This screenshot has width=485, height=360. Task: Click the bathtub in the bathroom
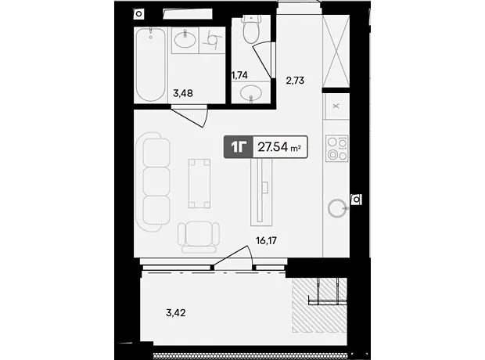pyautogui.click(x=150, y=64)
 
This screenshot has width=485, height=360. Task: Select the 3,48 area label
pyautogui.click(x=183, y=93)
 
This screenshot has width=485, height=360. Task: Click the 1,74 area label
pyautogui.click(x=239, y=75)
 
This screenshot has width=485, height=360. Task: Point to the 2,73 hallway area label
pyautogui.click(x=295, y=81)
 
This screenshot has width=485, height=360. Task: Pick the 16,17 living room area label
pyautogui.click(x=266, y=240)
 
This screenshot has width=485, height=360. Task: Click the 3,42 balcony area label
pyautogui.click(x=176, y=313)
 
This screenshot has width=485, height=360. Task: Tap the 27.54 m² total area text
pyautogui.click(x=279, y=147)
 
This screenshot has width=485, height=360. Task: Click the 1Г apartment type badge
pyautogui.click(x=239, y=147)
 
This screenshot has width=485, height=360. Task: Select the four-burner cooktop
pyautogui.click(x=337, y=148)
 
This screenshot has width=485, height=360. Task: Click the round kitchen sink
pyautogui.click(x=337, y=208)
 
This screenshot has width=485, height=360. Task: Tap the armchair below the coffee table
pyautogui.click(x=199, y=237)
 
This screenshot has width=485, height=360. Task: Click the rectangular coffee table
pyautogui.click(x=199, y=183)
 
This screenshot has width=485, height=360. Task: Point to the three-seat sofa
pyautogui.click(x=153, y=182)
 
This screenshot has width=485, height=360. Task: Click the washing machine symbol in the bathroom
pyautogui.click(x=212, y=40)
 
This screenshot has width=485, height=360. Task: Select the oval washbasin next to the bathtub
pyautogui.click(x=185, y=40)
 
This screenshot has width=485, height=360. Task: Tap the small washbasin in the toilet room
pyautogui.click(x=251, y=93)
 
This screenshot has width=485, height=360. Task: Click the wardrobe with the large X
pyautogui.click(x=336, y=51)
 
